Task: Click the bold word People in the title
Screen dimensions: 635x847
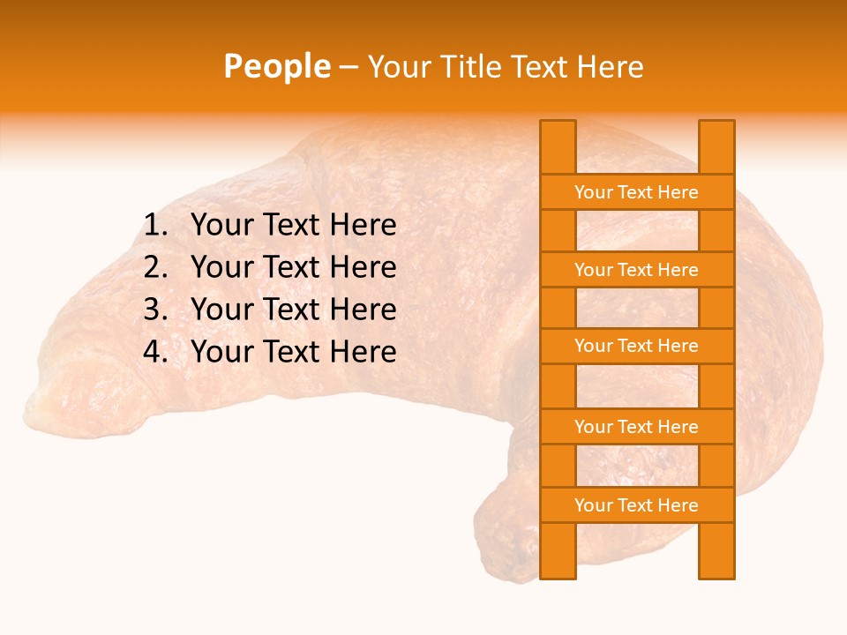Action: [276, 66]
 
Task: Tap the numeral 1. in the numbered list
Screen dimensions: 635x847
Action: [155, 226]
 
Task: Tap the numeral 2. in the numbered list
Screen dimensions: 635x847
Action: [155, 267]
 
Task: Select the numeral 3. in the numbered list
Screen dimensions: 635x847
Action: [155, 310]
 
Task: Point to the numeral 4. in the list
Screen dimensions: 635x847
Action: [155, 352]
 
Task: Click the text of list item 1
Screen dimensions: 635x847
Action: [293, 226]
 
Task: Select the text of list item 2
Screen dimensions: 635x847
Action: [293, 267]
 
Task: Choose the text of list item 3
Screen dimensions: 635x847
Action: [293, 310]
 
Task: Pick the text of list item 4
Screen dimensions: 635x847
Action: [293, 352]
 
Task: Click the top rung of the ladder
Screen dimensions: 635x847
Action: [636, 192]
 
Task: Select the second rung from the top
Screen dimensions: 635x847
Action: [636, 270]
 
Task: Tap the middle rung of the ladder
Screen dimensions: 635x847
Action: [636, 347]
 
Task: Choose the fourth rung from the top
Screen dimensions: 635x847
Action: [636, 427]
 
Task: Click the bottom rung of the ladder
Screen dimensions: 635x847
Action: [636, 505]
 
